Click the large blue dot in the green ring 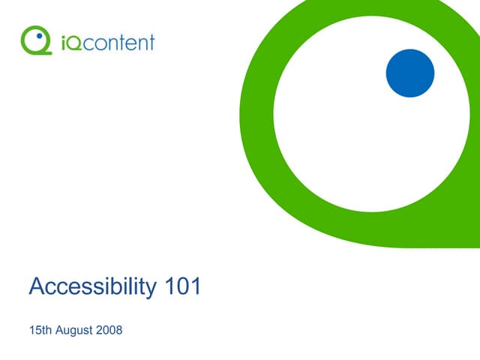410,73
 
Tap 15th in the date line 37,331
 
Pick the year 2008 109,331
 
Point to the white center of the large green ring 352,120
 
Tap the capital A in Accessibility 36,286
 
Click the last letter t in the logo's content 151,41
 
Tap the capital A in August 58,331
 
